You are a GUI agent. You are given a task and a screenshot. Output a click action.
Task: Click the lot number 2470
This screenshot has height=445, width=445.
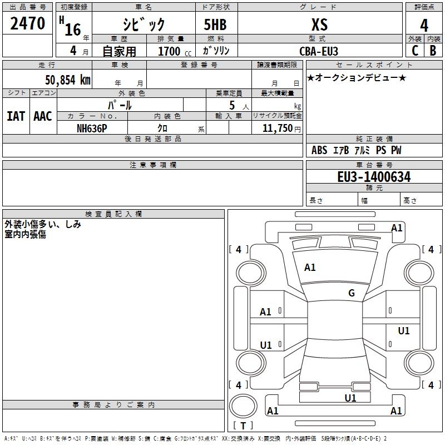click(x=28, y=23)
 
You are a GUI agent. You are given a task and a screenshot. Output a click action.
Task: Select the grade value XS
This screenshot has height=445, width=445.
click(x=319, y=24)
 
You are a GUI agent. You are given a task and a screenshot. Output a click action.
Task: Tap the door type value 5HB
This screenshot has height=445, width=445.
click(x=215, y=24)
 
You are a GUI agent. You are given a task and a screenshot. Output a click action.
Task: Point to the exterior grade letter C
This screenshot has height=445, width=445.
click(x=414, y=50)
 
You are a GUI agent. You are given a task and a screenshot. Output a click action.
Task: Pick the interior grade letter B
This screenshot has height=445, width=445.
click(x=433, y=50)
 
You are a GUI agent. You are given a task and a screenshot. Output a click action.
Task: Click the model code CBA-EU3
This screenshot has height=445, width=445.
click(x=319, y=51)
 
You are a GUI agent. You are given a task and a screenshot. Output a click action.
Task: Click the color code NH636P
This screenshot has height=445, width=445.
click(x=92, y=128)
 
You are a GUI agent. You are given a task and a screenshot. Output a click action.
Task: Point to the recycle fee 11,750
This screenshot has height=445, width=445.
click(x=276, y=128)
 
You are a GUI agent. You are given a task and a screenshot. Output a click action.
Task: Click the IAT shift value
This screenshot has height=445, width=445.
click(x=16, y=116)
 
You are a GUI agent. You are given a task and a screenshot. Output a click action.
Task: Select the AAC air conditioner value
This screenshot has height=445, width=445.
click(x=42, y=116)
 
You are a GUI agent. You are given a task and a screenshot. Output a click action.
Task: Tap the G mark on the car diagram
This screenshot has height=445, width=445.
click(x=352, y=293)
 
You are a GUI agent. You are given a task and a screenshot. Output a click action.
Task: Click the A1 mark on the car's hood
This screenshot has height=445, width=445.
click(x=310, y=268)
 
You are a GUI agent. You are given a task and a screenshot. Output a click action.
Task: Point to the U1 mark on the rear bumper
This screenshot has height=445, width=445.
click(x=350, y=398)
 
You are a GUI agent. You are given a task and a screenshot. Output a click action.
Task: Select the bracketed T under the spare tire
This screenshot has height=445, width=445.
click(x=243, y=426)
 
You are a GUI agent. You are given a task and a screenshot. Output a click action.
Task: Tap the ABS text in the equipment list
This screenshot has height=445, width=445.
click(x=319, y=150)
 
